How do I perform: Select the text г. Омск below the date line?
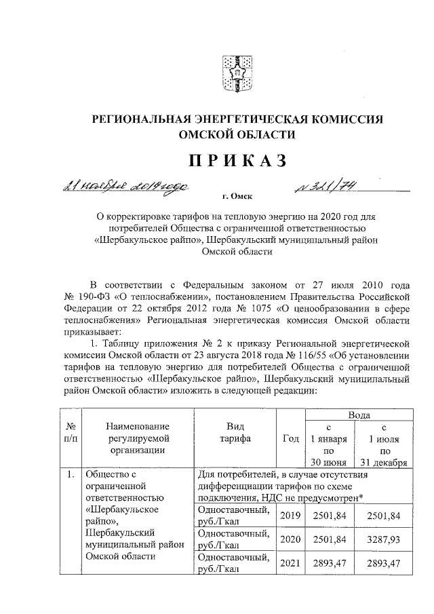(x=237, y=197)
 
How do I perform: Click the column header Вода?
(x=359, y=414)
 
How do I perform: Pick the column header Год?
(x=290, y=438)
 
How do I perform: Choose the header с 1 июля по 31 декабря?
(x=384, y=445)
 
